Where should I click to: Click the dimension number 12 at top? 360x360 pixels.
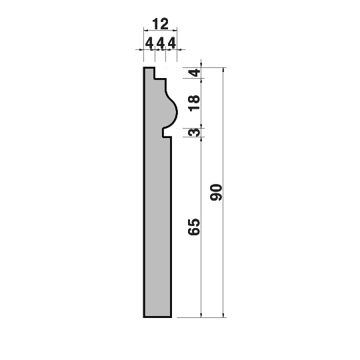click(160, 24)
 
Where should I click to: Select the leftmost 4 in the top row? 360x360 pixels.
click(149, 43)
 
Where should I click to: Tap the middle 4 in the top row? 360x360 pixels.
click(161, 43)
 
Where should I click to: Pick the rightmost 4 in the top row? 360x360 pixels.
click(172, 43)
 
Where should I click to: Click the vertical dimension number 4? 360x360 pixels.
click(195, 73)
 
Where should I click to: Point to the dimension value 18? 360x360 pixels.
click(194, 103)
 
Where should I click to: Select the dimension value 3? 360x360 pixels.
click(194, 133)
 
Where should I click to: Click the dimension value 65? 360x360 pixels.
click(194, 227)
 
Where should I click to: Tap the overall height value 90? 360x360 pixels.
click(216, 192)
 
